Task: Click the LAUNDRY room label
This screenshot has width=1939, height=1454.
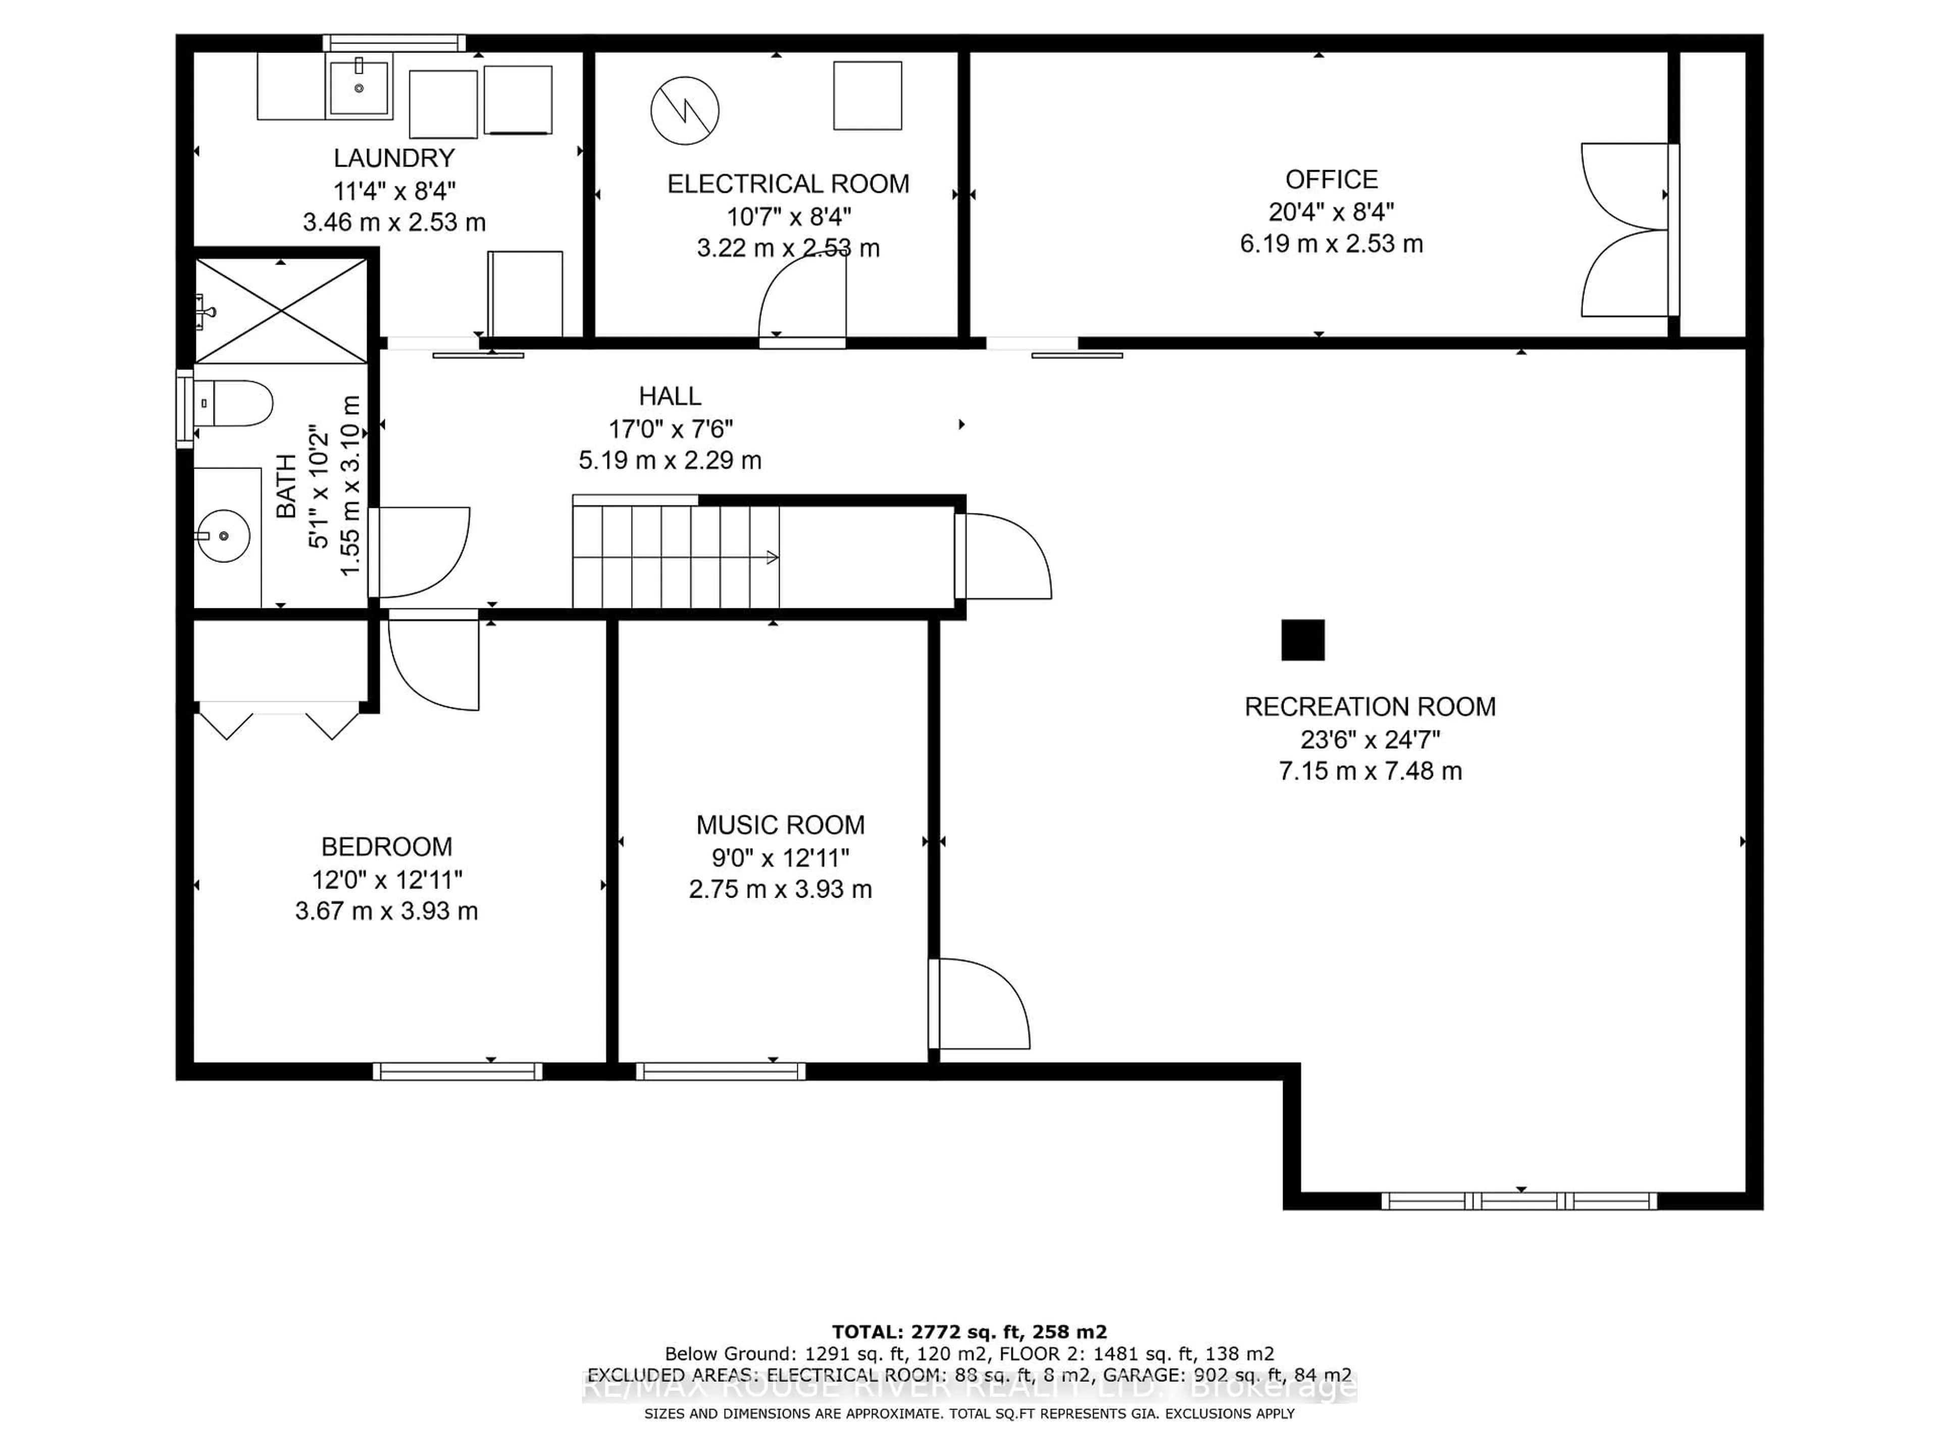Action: pyautogui.click(x=393, y=159)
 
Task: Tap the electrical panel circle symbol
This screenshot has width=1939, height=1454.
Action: pyautogui.click(x=685, y=111)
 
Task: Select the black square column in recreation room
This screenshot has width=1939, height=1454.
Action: pyautogui.click(x=1303, y=640)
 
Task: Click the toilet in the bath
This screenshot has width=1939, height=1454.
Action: pyautogui.click(x=234, y=403)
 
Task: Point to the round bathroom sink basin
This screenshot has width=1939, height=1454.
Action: pyautogui.click(x=224, y=536)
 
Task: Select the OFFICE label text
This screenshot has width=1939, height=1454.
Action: pyautogui.click(x=1331, y=180)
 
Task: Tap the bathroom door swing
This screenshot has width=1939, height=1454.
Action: pyautogui.click(x=419, y=552)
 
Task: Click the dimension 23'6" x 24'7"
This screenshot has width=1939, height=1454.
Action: pyautogui.click(x=1369, y=740)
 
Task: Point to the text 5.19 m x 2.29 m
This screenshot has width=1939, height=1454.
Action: pyautogui.click(x=670, y=460)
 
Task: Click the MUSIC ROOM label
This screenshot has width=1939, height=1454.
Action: pyautogui.click(x=780, y=825)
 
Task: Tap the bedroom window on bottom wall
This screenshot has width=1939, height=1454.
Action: pyautogui.click(x=457, y=1071)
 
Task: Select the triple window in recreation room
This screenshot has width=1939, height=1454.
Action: pyautogui.click(x=1519, y=1201)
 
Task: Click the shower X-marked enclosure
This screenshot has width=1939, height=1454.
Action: pyautogui.click(x=281, y=310)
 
